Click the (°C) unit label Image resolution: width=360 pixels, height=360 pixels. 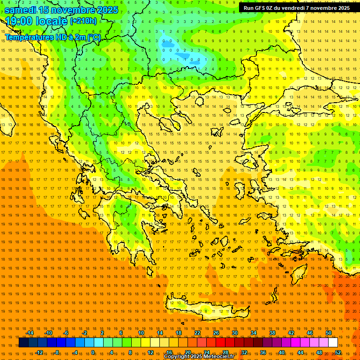pyautogui.click(x=94, y=37)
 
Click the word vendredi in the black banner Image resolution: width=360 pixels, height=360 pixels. pyautogui.click(x=296, y=8)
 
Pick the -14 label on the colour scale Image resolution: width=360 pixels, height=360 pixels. pyautogui.click(x=30, y=333)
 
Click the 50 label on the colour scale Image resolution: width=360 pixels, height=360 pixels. pyautogui.click(x=329, y=333)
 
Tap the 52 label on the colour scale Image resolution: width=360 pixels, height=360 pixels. pyautogui.click(x=338, y=352)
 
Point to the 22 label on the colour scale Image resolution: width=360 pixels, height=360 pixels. pyautogui.click(x=197, y=333)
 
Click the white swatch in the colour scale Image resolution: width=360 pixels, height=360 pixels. pyautogui.click(x=333, y=343)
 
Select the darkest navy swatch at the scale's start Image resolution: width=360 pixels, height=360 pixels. pyautogui.click(x=23, y=343)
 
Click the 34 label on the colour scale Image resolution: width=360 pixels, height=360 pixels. pyautogui.click(x=254, y=333)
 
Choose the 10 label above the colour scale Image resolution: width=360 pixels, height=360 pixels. pyautogui.click(x=141, y=333)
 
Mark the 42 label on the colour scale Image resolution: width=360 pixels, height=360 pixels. pyautogui.click(x=291, y=333)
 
